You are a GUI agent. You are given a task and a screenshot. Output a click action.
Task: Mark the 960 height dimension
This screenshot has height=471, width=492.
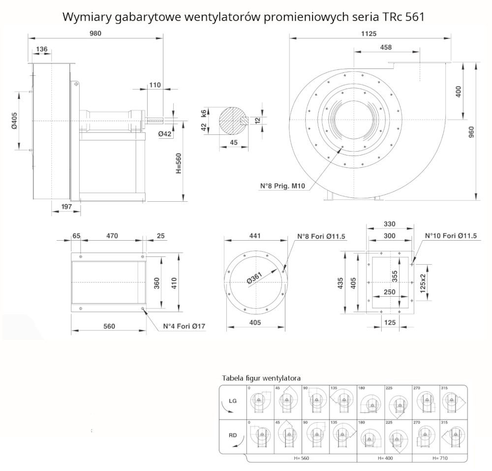[x=471, y=131]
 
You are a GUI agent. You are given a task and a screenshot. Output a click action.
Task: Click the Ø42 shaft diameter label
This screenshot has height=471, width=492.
[x=165, y=134]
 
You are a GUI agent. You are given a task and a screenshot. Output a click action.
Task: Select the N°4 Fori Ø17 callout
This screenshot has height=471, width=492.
[x=184, y=326]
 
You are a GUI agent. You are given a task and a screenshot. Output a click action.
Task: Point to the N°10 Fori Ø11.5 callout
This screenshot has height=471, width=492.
[x=451, y=236]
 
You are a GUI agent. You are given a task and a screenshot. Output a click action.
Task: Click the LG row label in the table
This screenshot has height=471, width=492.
[x=233, y=401]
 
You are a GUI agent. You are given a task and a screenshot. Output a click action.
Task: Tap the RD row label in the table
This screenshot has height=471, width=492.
[x=233, y=436]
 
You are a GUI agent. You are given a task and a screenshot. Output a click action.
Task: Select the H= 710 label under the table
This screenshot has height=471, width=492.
[x=441, y=458]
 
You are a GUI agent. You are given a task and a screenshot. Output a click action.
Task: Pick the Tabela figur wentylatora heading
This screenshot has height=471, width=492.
[x=261, y=378]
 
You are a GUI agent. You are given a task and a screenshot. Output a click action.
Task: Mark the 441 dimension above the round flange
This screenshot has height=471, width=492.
[x=254, y=236]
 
